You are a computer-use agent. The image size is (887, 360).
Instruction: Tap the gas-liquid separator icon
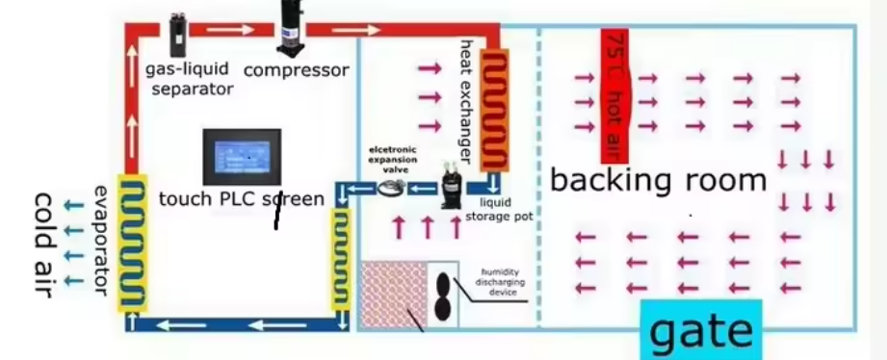coord(177,34)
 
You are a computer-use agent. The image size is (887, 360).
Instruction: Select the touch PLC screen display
coord(242,157)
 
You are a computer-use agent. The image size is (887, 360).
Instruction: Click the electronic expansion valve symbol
coord(390,188)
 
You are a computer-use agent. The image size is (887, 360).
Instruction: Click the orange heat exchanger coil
coord(494,110)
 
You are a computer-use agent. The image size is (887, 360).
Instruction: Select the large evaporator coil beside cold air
coord(132,243)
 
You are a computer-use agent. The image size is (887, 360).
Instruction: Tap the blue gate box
coord(701,330)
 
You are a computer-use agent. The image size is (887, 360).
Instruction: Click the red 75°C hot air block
coord(614,96)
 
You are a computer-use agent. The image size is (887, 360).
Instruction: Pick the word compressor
coord(296,70)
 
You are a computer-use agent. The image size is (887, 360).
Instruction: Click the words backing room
coord(658,180)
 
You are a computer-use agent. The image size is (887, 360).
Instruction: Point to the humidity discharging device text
coord(499,282)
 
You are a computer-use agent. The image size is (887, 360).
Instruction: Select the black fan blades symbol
coord(443,296)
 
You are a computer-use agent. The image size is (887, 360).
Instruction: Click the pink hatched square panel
coord(393,295)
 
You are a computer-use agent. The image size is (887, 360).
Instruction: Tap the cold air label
coord(43,245)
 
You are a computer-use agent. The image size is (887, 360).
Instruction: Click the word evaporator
coord(101,241)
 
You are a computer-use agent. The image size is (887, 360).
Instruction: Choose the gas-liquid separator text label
coord(189,79)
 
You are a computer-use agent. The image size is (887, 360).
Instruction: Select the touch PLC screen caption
coord(242,199)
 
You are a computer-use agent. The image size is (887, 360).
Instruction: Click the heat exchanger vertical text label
coord(466,102)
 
